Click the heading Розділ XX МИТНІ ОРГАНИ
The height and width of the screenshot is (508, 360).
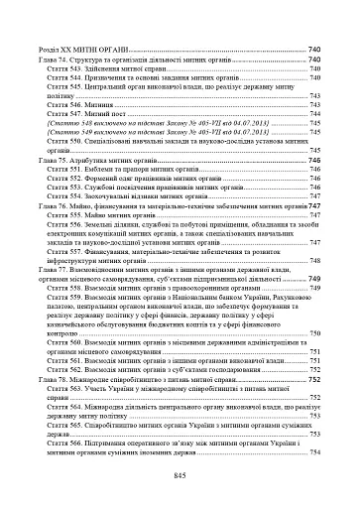84,50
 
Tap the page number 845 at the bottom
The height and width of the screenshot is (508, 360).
180,477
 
